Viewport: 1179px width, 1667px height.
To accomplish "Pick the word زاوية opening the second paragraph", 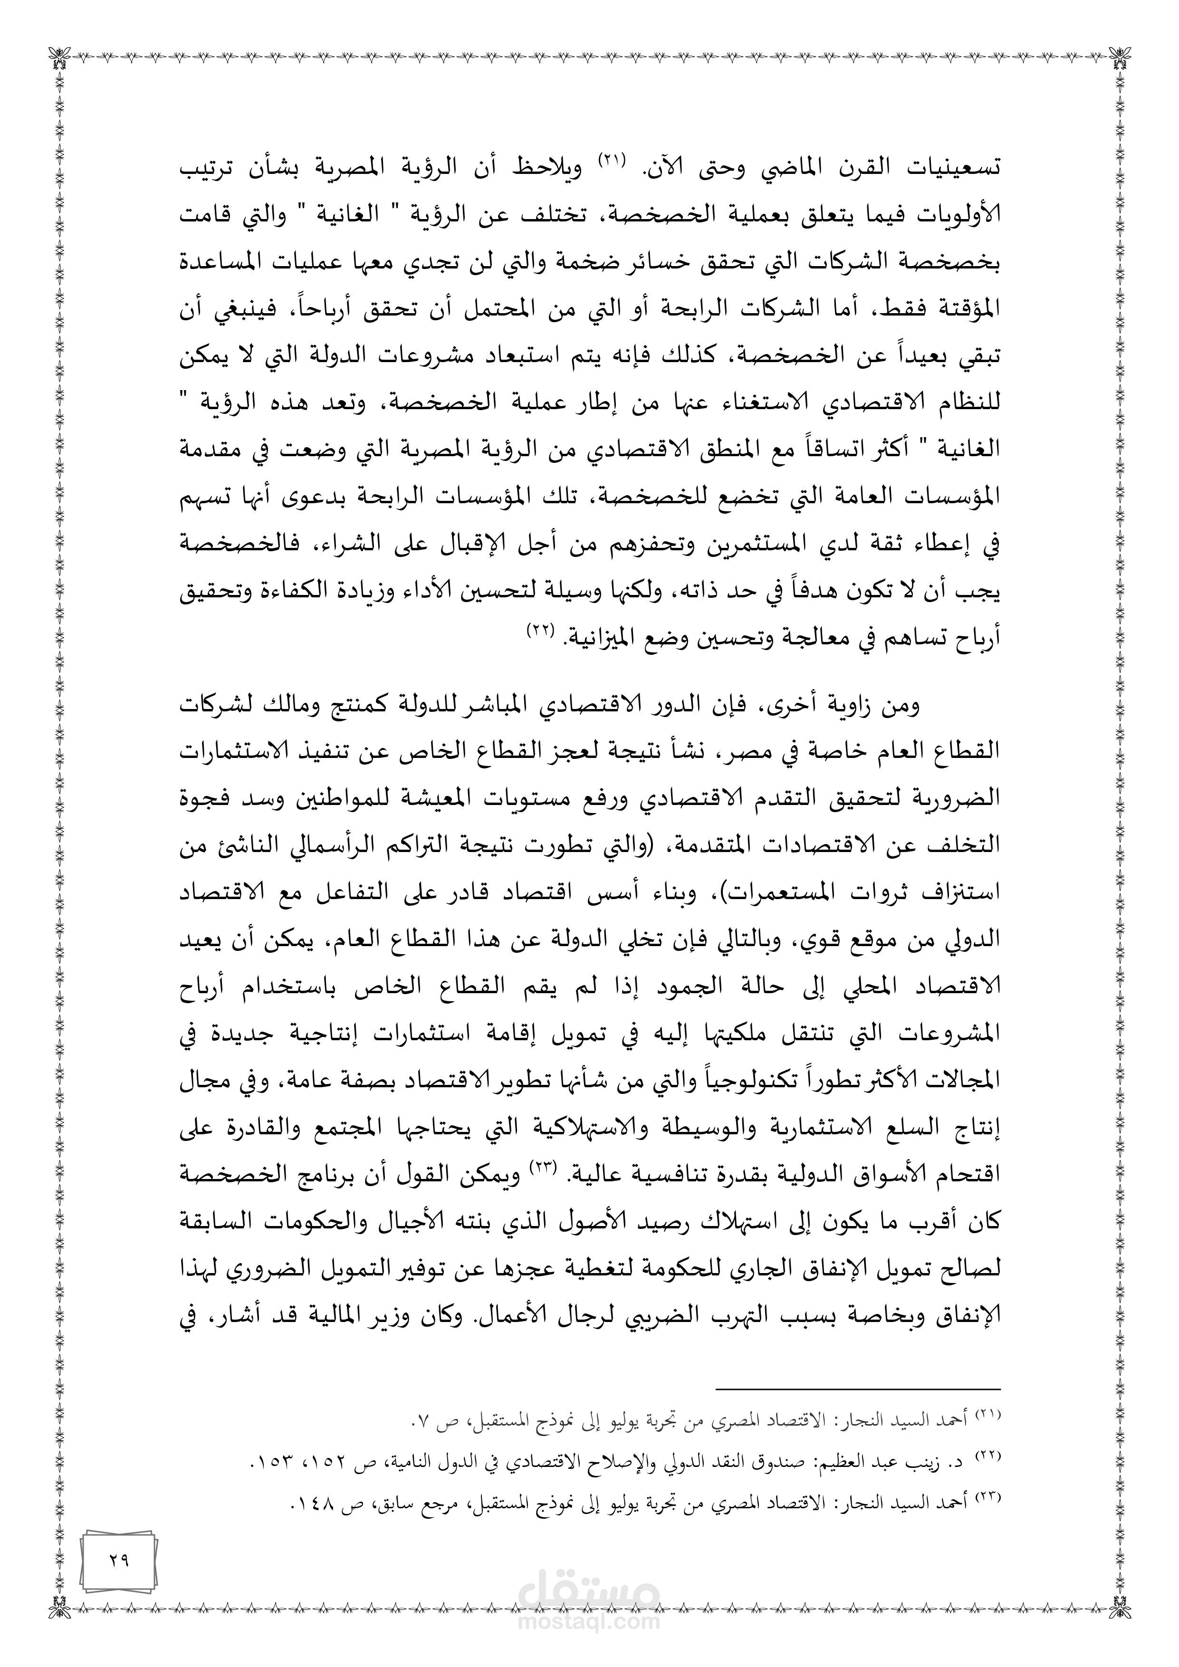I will (x=849, y=707).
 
